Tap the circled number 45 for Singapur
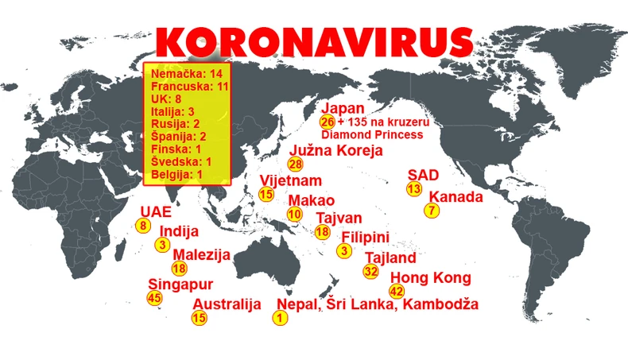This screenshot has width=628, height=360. [x=155, y=297]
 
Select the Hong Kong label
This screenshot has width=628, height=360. [x=429, y=277]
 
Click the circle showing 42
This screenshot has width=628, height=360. [x=397, y=291]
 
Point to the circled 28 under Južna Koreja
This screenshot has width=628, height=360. [x=296, y=165]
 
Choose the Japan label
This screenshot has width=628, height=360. [x=343, y=109]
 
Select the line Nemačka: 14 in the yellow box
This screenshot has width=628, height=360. [x=186, y=74]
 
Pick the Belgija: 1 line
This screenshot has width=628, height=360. [x=177, y=174]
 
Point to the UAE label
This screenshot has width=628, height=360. [x=155, y=212]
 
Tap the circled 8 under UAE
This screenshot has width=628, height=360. [x=143, y=226]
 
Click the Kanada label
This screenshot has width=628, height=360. [x=455, y=196]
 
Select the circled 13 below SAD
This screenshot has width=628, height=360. [x=413, y=189]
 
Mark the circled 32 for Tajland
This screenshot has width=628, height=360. [x=370, y=271]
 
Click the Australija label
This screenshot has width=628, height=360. [x=227, y=304]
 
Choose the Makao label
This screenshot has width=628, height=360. [x=311, y=199]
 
